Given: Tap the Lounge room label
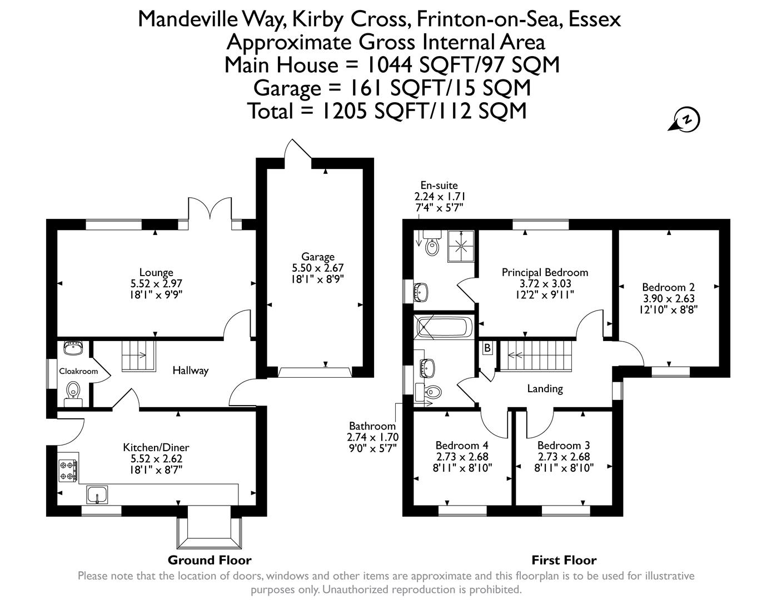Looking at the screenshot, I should coord(156,273).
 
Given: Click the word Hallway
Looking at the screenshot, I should coord(190,371).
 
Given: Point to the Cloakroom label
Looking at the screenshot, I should coord(78,372).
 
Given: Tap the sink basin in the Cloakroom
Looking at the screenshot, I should coord(73,348).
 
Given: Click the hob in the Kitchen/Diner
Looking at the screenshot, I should coord(68,470).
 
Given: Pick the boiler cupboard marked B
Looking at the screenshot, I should coord(487,348).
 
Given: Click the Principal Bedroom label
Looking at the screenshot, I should coord(545,273).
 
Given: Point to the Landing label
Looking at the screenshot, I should coord(545,389).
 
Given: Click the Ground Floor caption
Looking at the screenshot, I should coord(210,560).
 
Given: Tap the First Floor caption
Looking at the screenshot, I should coord(564,560).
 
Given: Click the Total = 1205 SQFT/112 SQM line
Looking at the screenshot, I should coord(387,111).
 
